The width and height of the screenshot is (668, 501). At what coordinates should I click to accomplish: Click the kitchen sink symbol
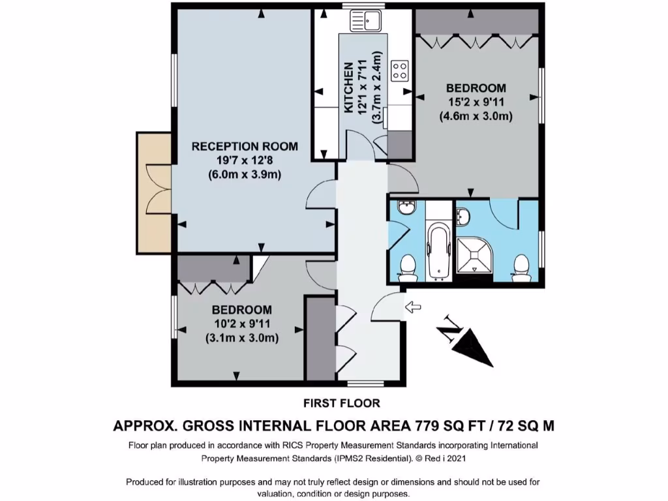[366, 20]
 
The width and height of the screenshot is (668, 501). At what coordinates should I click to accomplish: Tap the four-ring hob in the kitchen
[400, 70]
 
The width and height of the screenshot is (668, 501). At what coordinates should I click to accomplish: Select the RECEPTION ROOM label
[245, 147]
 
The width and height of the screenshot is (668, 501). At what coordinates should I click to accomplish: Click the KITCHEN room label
[348, 88]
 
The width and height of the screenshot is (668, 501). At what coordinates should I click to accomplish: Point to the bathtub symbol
[438, 250]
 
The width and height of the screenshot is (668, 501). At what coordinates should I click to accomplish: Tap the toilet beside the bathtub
[408, 268]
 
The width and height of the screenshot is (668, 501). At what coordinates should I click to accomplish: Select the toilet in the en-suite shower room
[521, 268]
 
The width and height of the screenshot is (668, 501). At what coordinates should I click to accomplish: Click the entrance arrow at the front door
[412, 307]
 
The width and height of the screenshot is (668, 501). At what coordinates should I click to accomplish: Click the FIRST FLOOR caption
[342, 403]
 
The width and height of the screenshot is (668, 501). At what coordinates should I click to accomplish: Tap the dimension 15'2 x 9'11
[476, 102]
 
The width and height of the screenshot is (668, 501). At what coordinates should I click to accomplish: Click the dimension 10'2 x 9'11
[242, 324]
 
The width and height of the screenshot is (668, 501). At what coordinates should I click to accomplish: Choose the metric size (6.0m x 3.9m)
[245, 175]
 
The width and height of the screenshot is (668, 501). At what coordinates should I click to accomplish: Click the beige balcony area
[154, 192]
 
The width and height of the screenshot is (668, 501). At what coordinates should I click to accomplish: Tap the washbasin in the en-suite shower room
[463, 216]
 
